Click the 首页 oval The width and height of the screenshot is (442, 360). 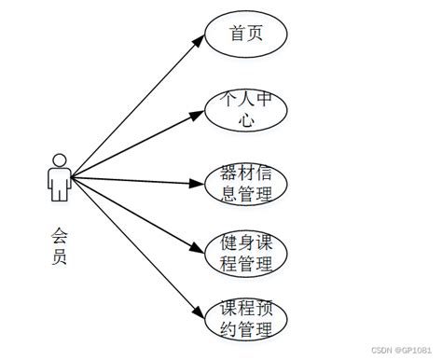pos(247,35)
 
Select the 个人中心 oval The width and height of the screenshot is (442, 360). pos(247,111)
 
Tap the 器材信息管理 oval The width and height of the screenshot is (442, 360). pos(247,183)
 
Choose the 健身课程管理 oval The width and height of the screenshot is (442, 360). pos(247,253)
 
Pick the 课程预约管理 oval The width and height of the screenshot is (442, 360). pos(247,318)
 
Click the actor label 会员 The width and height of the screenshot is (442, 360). pos(61,245)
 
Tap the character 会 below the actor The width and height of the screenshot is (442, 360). pos(61,234)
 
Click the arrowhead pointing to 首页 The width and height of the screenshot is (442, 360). pos(197,41)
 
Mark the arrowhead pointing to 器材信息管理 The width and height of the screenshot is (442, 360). pos(197,183)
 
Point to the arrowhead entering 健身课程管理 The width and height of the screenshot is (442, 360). pos(197,249)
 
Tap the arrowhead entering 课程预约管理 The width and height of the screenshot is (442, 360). pos(197,312)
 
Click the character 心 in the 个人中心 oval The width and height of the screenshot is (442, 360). pos(246,122)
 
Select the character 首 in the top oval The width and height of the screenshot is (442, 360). pos(237,35)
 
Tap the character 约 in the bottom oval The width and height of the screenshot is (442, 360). pos(228,329)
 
